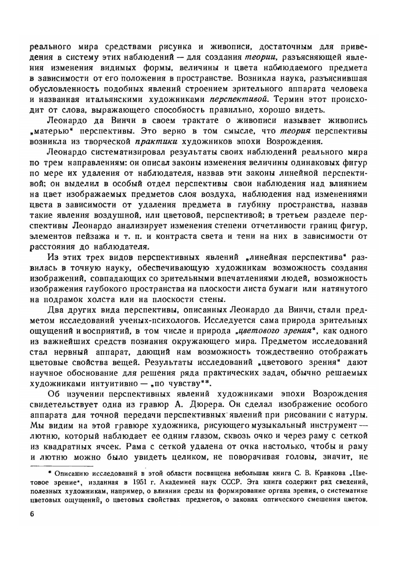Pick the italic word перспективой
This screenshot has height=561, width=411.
[x=239, y=99]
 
